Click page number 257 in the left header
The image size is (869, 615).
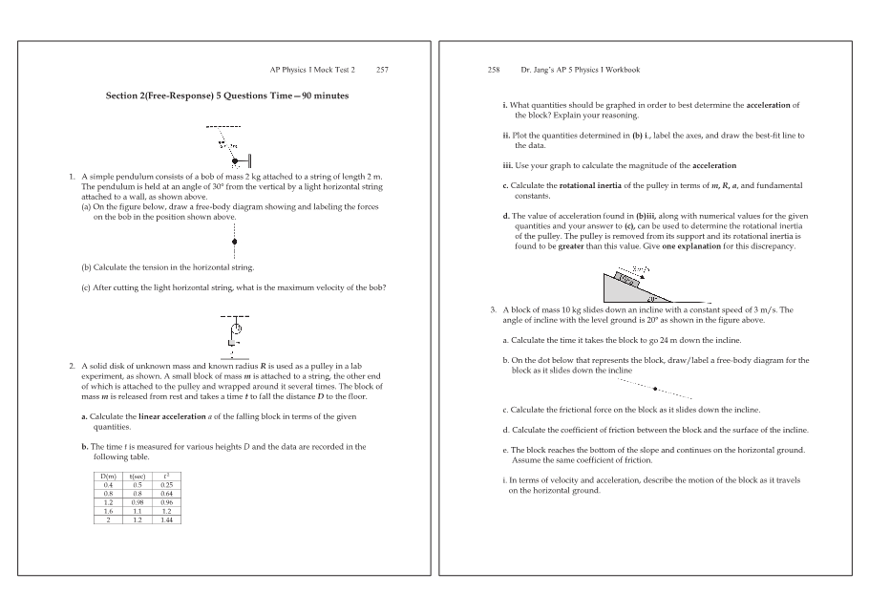click(x=382, y=70)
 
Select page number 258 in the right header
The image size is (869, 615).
click(x=494, y=70)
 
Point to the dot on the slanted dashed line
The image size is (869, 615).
click(x=655, y=389)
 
